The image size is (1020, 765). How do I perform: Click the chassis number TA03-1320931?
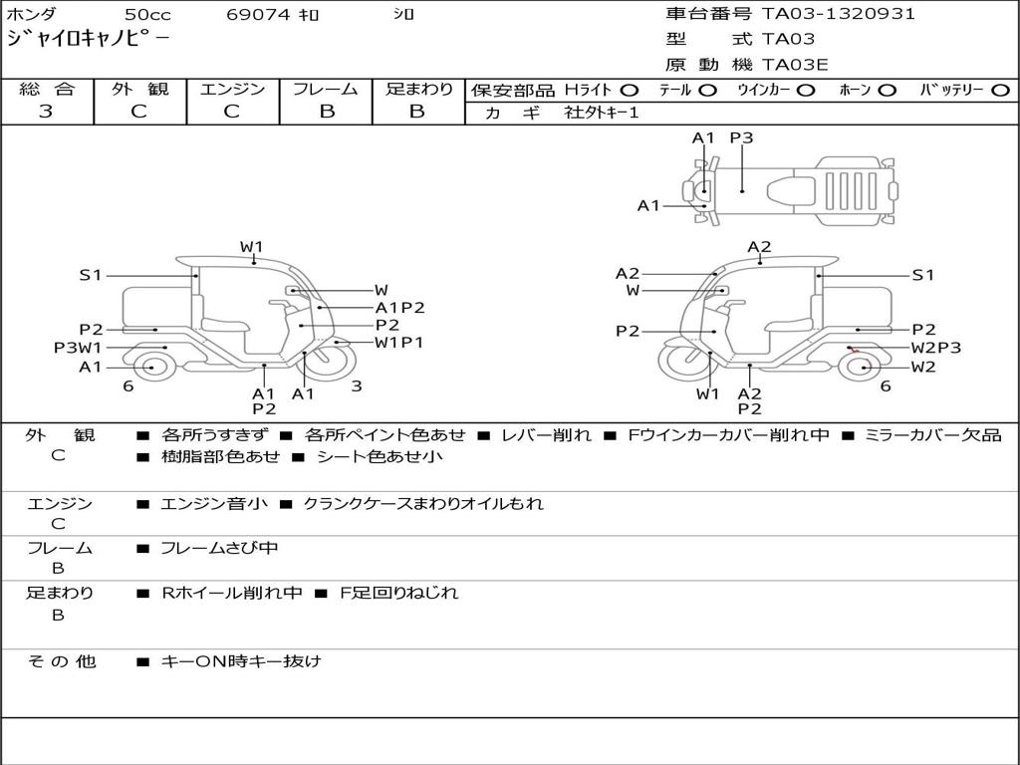[x=838, y=14]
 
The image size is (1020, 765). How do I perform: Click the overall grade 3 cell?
[x=46, y=112]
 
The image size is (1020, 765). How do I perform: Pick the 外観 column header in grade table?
[x=139, y=89]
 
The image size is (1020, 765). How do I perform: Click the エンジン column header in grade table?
[x=232, y=89]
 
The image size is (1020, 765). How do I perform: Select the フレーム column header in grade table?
[x=326, y=89]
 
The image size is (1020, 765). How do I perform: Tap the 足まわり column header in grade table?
[x=418, y=89]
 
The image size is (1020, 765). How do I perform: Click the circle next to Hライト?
[x=630, y=91]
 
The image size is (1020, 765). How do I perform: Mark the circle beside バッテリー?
[x=1000, y=91]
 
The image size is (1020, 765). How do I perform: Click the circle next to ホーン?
[x=887, y=91]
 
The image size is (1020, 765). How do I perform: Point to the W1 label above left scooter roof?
[x=251, y=246]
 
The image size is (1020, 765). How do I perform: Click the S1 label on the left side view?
[x=91, y=275]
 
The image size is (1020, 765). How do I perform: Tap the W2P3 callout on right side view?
[x=935, y=348]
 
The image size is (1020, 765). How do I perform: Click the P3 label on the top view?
[x=741, y=138]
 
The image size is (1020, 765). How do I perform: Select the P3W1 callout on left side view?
[x=78, y=348]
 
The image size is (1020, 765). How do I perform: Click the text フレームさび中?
[x=219, y=548]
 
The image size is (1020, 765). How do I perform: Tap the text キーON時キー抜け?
[x=241, y=661]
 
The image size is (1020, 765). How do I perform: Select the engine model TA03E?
[x=795, y=65]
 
